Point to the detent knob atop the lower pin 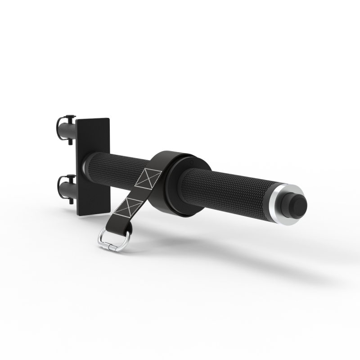[70, 177]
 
